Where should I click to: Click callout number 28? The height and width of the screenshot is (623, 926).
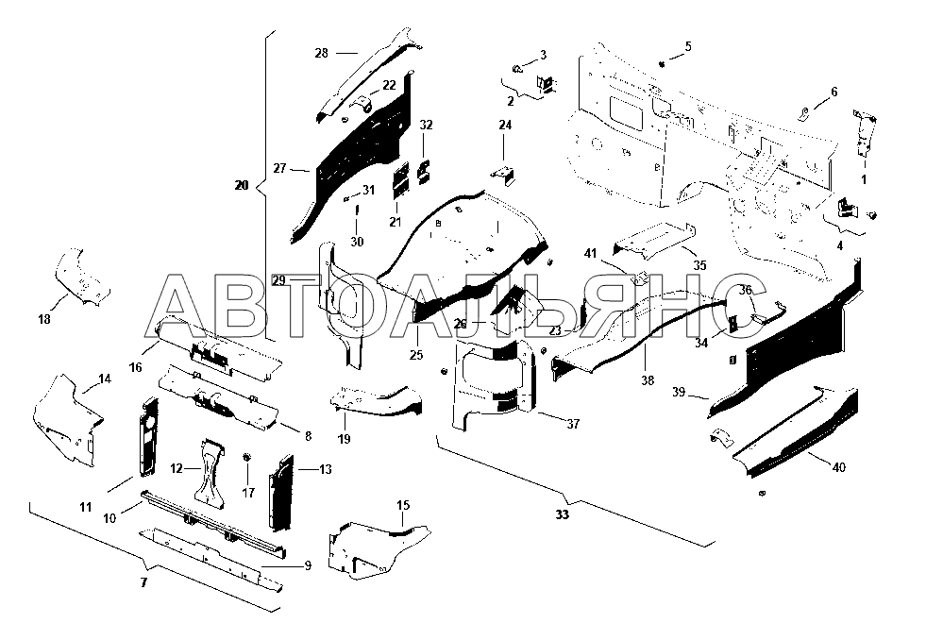coord(321,53)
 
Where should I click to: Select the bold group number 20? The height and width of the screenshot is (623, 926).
coord(242,186)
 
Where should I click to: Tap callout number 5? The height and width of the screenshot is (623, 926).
coord(687,45)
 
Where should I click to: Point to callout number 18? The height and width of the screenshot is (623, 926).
coord(44,319)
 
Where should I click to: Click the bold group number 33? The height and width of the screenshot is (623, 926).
coord(562,515)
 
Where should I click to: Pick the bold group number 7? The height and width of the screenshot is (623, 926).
coord(143,582)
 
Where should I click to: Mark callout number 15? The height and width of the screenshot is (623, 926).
coord(403,506)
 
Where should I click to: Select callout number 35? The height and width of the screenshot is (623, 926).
coord(699,265)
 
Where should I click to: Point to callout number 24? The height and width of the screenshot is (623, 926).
coord(505,125)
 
